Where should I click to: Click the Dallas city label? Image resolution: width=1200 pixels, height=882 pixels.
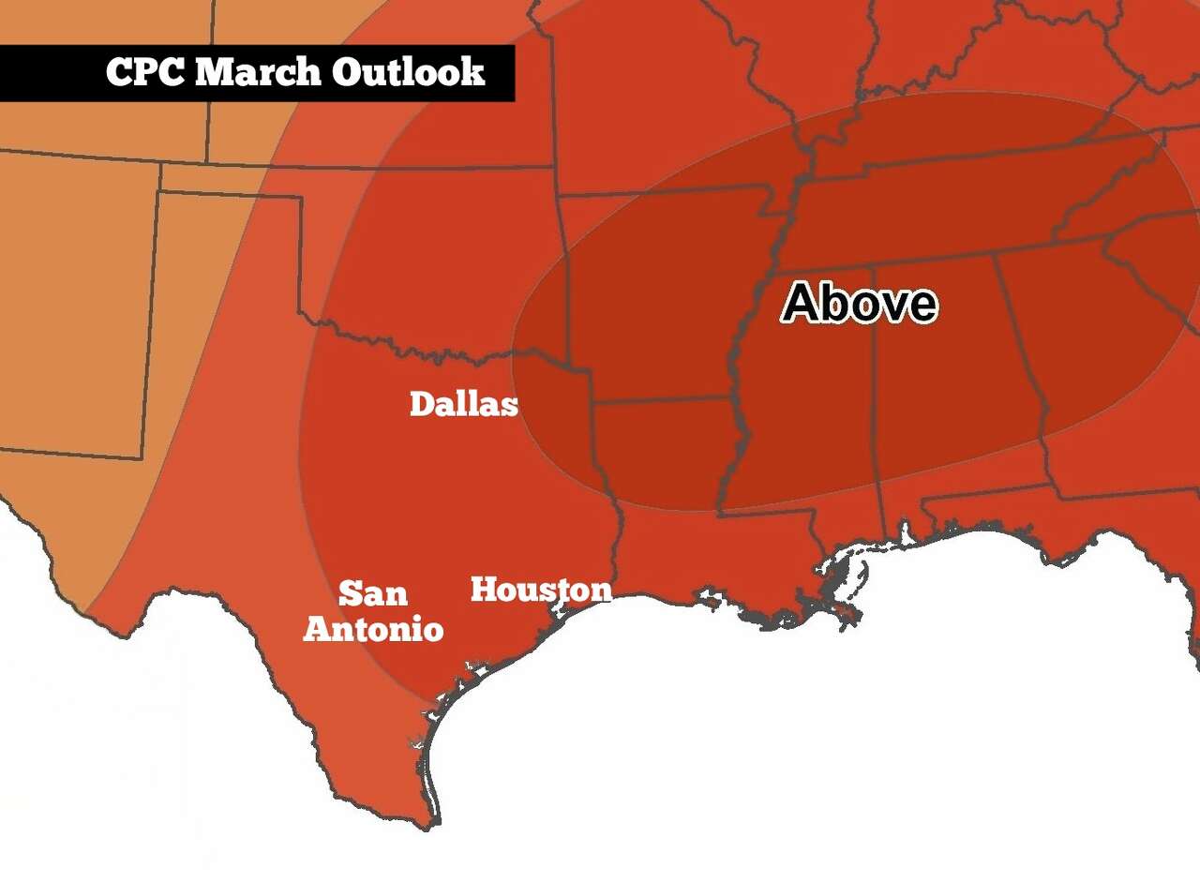[464, 404]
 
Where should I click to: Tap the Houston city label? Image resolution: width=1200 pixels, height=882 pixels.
[540, 590]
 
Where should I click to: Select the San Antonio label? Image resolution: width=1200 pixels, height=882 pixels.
[373, 610]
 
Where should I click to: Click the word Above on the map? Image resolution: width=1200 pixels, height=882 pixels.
[860, 303]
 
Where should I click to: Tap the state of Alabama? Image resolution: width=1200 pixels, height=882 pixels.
[947, 375]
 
